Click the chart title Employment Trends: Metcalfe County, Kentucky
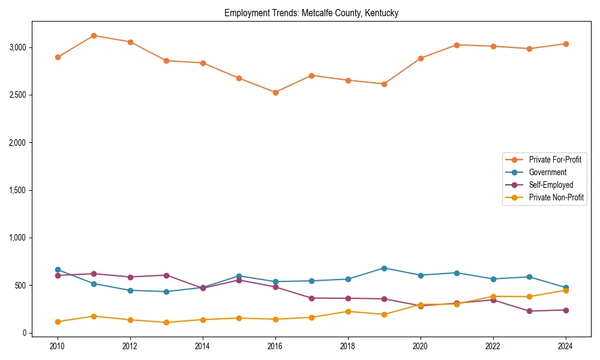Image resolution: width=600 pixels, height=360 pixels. coord(311,13)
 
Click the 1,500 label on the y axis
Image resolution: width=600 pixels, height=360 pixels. coord(17,190)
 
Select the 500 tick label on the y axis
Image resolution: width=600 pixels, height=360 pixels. coord(21,286)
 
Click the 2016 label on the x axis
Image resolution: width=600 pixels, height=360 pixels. coord(275,346)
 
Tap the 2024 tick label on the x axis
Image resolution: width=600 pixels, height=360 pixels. coord(566,346)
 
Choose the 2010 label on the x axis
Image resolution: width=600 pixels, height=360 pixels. coord(58,346)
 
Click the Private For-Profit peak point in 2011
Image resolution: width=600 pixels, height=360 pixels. coord(94,35)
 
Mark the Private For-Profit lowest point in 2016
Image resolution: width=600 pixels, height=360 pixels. coord(275,92)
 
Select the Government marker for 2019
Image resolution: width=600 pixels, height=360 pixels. coord(384,268)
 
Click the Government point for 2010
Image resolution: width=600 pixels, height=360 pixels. coord(58,269)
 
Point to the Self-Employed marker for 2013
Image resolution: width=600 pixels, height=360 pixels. coord(166,275)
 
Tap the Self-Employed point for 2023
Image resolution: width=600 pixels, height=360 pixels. coord(529,311)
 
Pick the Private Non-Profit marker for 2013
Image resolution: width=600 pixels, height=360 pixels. coord(166,322)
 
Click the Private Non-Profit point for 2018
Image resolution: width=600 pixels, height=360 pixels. coord(348,311)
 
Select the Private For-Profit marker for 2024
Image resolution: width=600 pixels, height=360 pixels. coord(566,44)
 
